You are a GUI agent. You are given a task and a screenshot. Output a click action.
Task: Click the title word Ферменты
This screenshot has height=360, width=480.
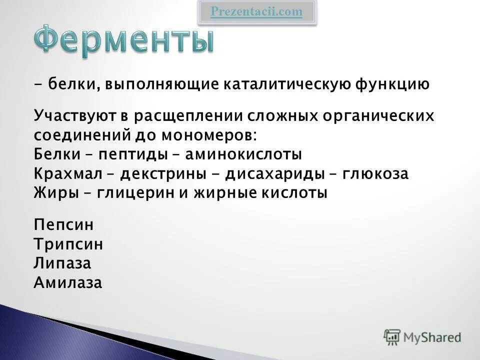pos(124,40)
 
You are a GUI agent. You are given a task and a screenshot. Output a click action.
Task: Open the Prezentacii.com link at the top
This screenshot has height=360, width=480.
pos(256,12)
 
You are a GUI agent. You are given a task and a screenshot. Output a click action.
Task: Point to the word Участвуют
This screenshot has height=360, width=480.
pos(74,115)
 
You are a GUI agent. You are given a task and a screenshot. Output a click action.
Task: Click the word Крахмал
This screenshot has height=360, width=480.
pos(67,174)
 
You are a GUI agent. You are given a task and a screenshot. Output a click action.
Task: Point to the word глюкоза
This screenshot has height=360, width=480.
pos(375,174)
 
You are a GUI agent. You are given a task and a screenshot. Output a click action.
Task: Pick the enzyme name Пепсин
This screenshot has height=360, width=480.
pos(63,225)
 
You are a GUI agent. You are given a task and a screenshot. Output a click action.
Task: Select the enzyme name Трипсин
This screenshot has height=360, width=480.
pos(68,244)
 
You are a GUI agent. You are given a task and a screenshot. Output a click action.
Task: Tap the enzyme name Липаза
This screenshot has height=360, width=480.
pos(62,263)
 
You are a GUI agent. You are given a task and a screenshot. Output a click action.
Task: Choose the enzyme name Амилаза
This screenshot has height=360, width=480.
pos(67,282)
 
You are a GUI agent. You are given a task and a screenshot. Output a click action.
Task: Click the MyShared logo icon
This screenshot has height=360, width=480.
pos(392,337)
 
